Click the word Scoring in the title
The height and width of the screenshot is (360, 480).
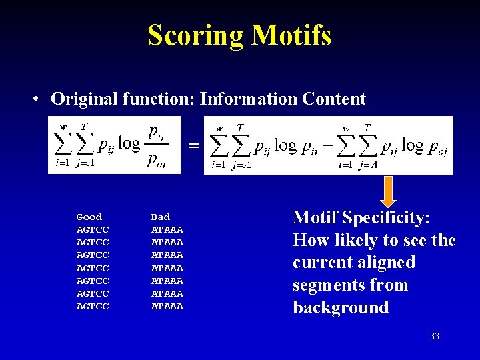point(196,35)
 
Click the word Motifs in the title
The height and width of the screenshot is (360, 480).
point(291,35)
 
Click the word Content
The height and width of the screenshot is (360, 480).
point(333,99)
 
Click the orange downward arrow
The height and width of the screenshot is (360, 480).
point(388,191)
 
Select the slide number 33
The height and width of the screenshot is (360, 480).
point(434,337)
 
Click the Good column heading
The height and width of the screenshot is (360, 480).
point(89,217)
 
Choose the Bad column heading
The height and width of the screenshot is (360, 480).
point(161,217)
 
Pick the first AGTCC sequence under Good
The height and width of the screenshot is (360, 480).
point(93,229)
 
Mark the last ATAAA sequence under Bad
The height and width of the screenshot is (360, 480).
point(167,307)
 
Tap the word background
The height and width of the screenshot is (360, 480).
point(340,308)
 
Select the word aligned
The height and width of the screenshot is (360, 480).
point(387,263)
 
